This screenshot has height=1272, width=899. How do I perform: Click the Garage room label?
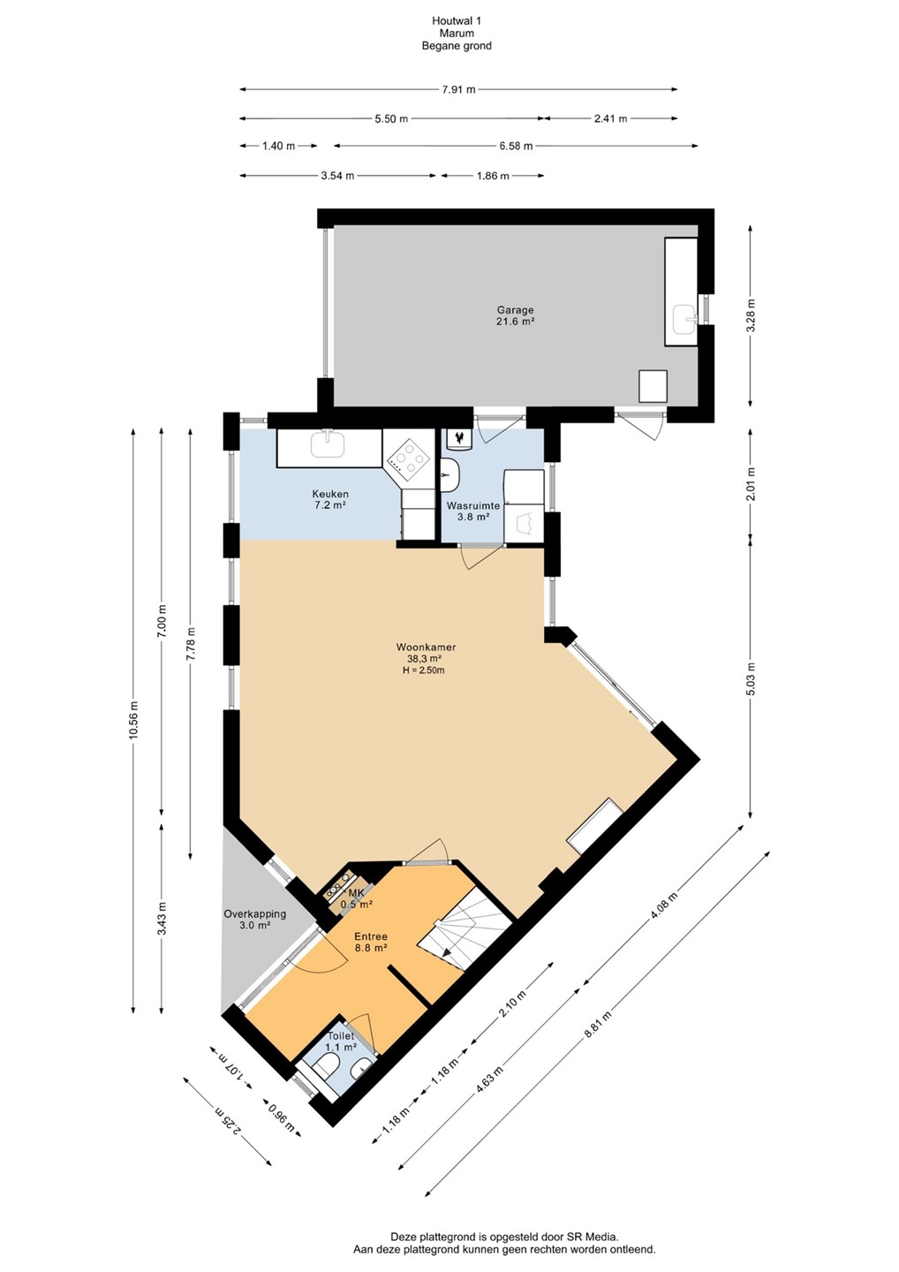(x=516, y=310)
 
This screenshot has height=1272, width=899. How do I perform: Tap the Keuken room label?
(x=330, y=494)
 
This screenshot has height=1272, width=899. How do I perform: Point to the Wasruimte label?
(x=472, y=505)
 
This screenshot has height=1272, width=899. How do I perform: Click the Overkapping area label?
(x=255, y=914)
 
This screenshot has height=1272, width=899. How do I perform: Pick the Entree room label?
(x=371, y=936)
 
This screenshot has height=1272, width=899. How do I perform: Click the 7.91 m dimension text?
(x=458, y=89)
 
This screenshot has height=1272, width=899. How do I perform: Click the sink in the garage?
(x=685, y=319)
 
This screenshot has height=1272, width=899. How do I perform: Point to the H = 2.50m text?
(x=420, y=670)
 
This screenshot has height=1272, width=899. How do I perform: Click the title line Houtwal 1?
(x=457, y=21)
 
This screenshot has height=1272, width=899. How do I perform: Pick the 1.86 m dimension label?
(x=492, y=176)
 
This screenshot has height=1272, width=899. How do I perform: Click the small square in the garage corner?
(x=653, y=386)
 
